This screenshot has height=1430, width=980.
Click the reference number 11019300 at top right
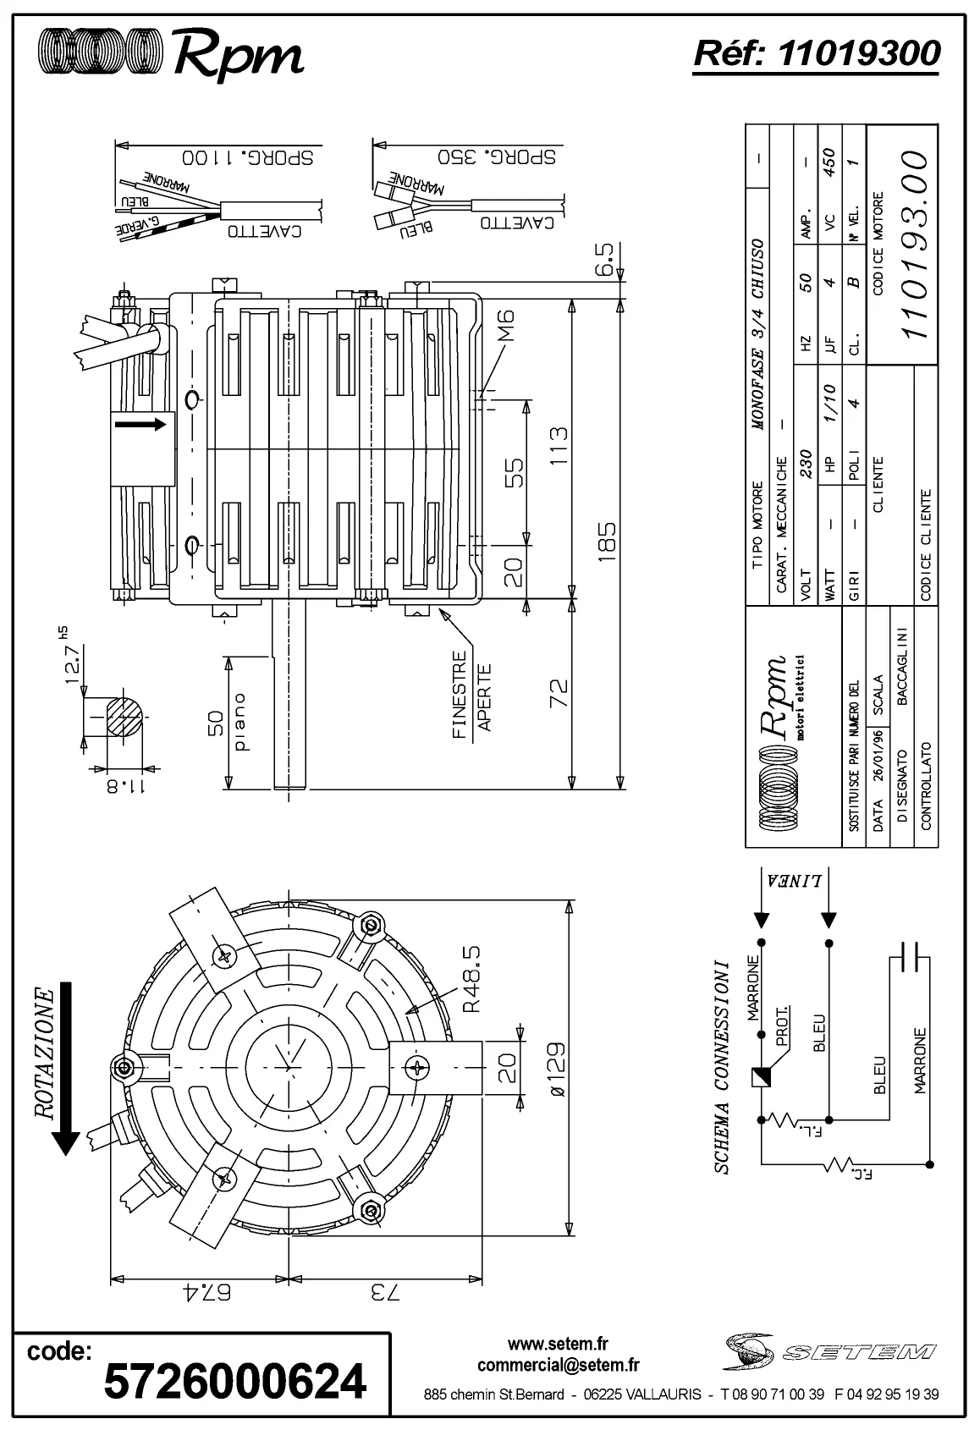[x=816, y=53]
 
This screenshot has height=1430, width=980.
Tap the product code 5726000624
[x=234, y=1382]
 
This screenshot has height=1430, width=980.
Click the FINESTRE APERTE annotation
[x=471, y=695]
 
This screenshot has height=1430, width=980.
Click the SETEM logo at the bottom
[x=829, y=1351]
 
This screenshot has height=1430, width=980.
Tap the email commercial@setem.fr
[x=558, y=1365]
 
